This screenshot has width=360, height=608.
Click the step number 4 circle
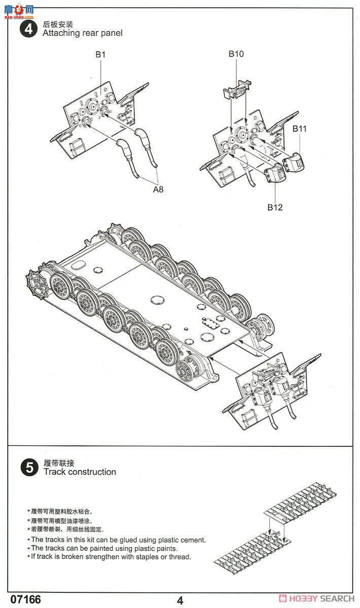(x=28, y=29)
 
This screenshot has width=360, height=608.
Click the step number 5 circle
(x=28, y=468)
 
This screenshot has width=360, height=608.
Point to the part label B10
(x=236, y=54)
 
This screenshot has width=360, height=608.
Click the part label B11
(x=300, y=128)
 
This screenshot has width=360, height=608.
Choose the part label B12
(x=275, y=207)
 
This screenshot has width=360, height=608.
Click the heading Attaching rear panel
(x=82, y=33)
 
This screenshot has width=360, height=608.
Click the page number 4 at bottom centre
(x=180, y=600)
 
